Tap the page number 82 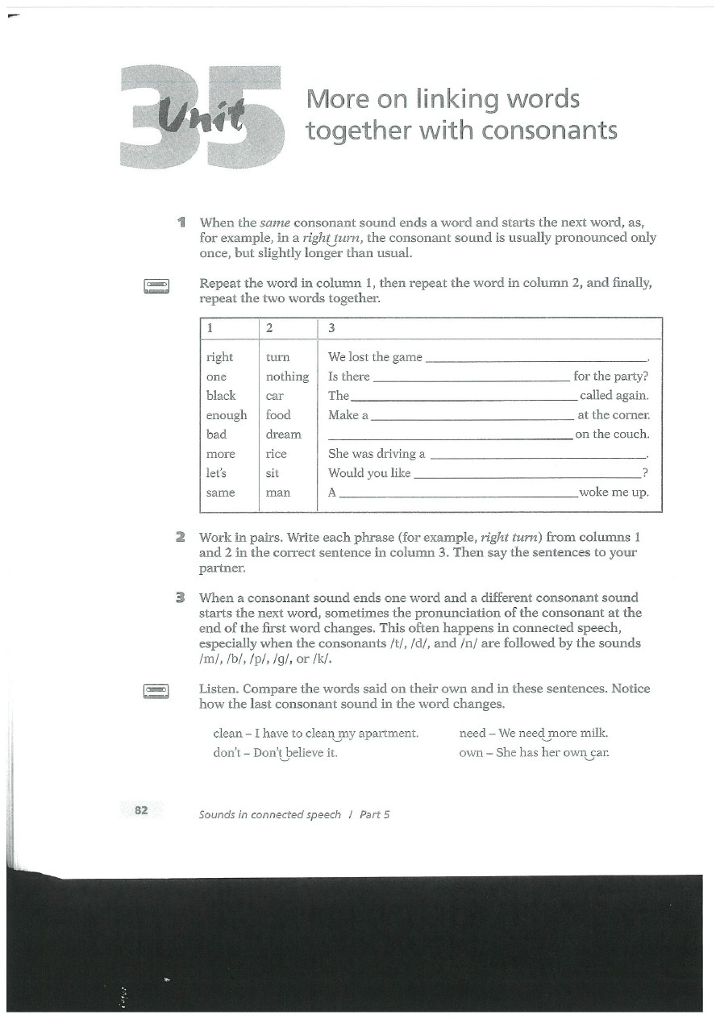(141, 810)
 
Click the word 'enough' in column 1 (227, 415)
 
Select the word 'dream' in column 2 (283, 435)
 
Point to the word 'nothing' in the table (287, 376)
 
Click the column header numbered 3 (331, 328)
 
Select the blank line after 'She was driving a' (539, 457)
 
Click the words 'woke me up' (614, 493)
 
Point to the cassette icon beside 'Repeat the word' (156, 286)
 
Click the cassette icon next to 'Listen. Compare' (156, 692)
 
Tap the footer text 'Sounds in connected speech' (270, 814)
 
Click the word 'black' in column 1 (221, 396)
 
